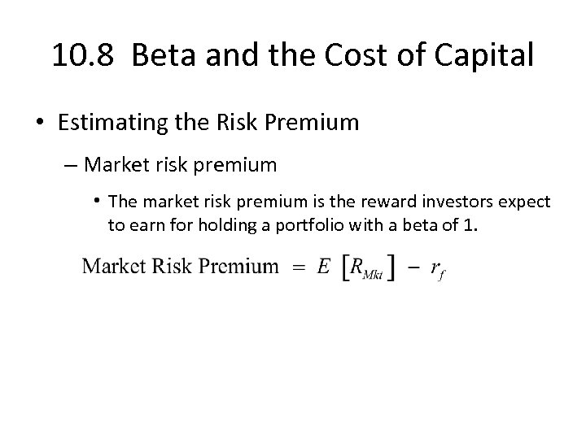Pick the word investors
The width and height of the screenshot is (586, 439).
click(418, 202)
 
